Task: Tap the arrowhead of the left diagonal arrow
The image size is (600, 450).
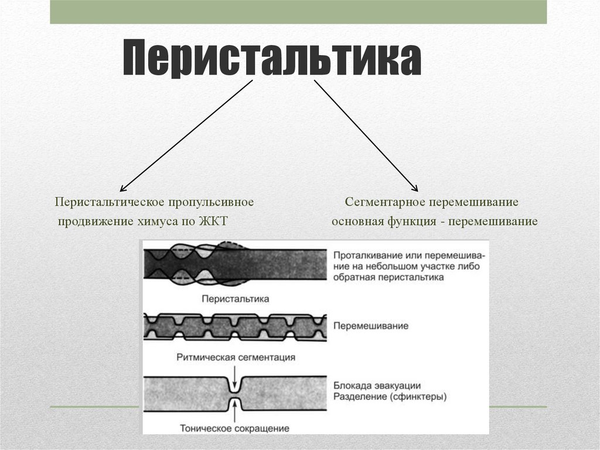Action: coord(121,190)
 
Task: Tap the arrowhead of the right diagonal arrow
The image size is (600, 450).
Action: coord(415,189)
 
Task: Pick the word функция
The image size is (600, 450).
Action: coord(410,222)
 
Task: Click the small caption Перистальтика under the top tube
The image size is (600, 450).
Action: coord(235,299)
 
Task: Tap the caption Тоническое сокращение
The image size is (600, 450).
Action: coord(235,428)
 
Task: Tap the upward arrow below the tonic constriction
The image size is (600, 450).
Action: coord(235,414)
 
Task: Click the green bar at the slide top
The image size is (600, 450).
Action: coord(298,12)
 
